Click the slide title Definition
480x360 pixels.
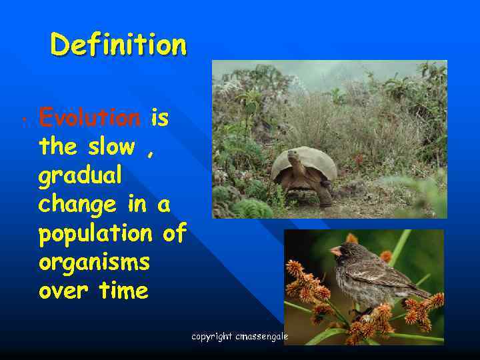pos(118,45)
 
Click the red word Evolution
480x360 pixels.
pos(89,118)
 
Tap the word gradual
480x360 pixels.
pos(80,176)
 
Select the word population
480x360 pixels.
pos(95,234)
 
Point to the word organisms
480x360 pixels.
pos(94,263)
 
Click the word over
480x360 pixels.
pos(61,291)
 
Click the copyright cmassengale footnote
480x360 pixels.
pos(239,337)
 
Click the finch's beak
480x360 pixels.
pos(336,251)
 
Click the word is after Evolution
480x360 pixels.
pos(159,118)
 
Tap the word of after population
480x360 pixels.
pos(174,234)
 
